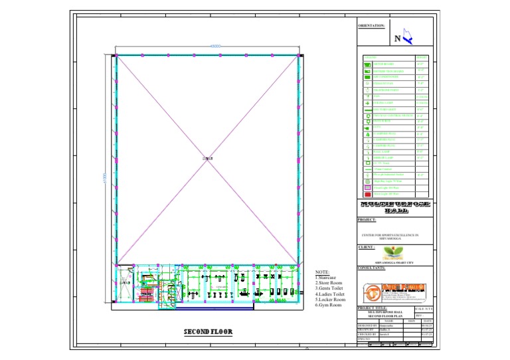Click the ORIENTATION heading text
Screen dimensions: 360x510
coord(371,26)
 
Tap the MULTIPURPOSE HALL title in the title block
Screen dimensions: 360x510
coord(395,206)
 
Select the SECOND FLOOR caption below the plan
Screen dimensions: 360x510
coord(208,331)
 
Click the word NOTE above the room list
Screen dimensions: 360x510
coord(322,272)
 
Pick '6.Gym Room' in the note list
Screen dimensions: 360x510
coord(328,305)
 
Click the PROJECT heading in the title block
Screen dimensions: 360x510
coord(367,219)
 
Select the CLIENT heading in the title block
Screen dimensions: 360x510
coord(367,246)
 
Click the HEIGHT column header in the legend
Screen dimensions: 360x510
coord(421,58)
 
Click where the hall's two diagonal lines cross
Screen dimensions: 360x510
coord(209,158)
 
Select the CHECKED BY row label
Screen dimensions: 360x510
coord(369,334)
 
